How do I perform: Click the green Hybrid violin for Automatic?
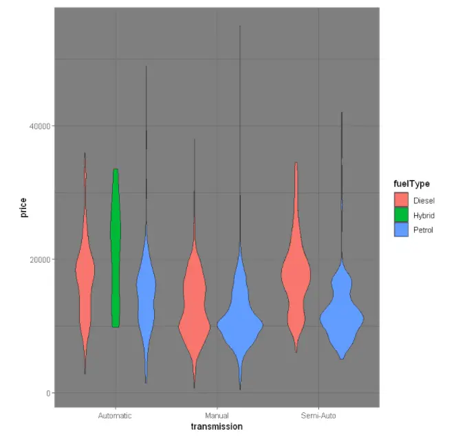tap(116, 247)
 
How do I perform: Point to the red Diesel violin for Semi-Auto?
tap(296, 275)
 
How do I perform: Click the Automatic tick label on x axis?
tap(115, 417)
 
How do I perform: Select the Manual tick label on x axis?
tap(217, 417)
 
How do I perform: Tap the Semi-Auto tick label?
tap(318, 417)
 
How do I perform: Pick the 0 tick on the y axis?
tap(49, 393)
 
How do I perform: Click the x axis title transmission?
tap(217, 427)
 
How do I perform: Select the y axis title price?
tap(24, 208)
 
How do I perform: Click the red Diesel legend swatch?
tap(401, 200)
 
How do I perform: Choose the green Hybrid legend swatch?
tap(401, 215)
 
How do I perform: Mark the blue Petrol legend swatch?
tap(401, 230)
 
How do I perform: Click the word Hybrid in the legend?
tap(424, 215)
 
